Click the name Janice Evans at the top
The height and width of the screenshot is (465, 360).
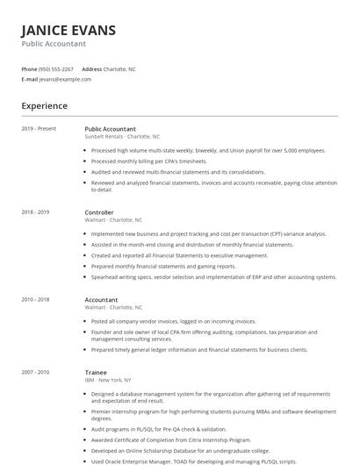68,31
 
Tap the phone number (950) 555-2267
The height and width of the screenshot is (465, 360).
56,68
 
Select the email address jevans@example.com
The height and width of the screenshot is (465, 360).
65,79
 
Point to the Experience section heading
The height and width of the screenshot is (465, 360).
44,106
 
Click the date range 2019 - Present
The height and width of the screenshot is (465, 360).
39,128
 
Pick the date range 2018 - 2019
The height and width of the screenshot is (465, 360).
35,212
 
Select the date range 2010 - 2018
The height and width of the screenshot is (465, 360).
35,300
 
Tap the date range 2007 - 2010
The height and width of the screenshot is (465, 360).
35,372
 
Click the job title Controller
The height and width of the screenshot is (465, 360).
99,212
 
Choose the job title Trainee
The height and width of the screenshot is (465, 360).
95,372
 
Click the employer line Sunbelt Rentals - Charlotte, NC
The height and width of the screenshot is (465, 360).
122,137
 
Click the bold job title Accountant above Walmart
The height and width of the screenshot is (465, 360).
101,300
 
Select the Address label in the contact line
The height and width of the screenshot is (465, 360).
91,68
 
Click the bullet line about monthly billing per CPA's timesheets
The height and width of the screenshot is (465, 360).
148,161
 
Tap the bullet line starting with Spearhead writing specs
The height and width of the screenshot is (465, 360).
213,276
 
